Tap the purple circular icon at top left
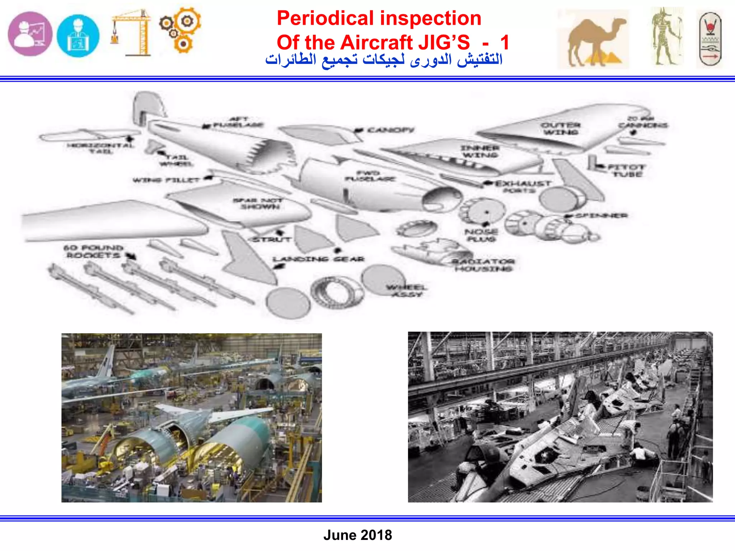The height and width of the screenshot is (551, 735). point(30,34)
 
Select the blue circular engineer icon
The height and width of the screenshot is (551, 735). point(78,36)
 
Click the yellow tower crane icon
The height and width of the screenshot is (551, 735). point(131,33)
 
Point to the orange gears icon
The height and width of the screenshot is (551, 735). point(181,30)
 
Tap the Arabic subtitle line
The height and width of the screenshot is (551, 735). point(384,60)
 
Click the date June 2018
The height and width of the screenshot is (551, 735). point(357,535)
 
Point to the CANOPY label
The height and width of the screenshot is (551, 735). point(390,130)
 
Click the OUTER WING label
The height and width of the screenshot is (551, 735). point(561,128)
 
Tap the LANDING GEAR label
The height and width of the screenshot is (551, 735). point(318,259)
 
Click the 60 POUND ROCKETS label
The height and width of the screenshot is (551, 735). point(93,251)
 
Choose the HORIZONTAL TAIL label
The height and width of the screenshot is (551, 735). point(101,148)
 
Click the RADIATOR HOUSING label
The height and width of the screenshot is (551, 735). point(483,265)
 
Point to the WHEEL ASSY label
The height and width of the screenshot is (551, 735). point(407,291)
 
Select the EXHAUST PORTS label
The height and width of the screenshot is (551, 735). point(523,187)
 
